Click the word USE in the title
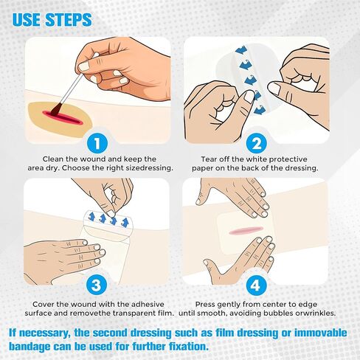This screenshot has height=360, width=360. (x=28, y=18)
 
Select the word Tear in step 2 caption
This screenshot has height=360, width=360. (x=210, y=159)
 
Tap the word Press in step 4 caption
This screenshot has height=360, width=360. (x=210, y=303)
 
